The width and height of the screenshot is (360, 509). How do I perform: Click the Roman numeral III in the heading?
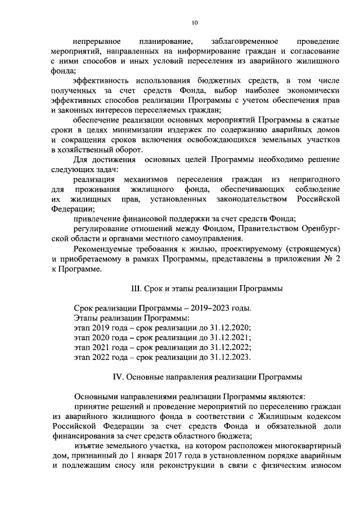point(135,289)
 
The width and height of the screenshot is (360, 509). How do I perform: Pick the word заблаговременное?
point(245,41)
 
